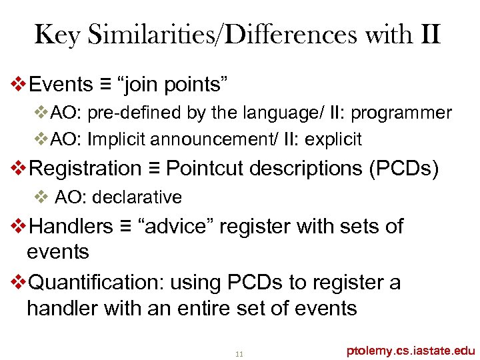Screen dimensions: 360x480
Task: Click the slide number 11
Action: tap(239, 353)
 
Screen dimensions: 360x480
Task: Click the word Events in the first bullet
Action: tap(62, 85)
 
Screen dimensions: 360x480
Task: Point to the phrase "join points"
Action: tap(173, 85)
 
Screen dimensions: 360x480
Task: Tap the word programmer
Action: tap(408, 113)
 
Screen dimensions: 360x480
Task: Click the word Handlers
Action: tap(72, 226)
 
